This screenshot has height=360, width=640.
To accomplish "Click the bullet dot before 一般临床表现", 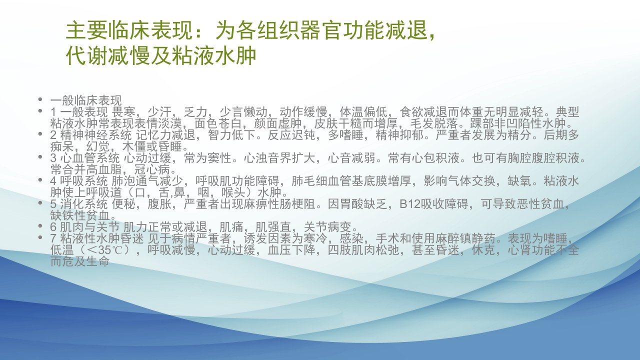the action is [x=40, y=99].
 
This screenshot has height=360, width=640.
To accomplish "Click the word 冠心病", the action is [x=152, y=169].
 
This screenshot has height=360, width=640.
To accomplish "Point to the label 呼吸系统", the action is [x=84, y=181].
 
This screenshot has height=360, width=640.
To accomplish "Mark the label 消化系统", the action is [x=84, y=204].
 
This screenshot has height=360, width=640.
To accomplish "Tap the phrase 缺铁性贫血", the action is [x=80, y=215].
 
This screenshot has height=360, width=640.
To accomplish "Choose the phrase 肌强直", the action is [x=273, y=227].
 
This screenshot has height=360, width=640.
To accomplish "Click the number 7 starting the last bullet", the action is [x=53, y=238].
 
